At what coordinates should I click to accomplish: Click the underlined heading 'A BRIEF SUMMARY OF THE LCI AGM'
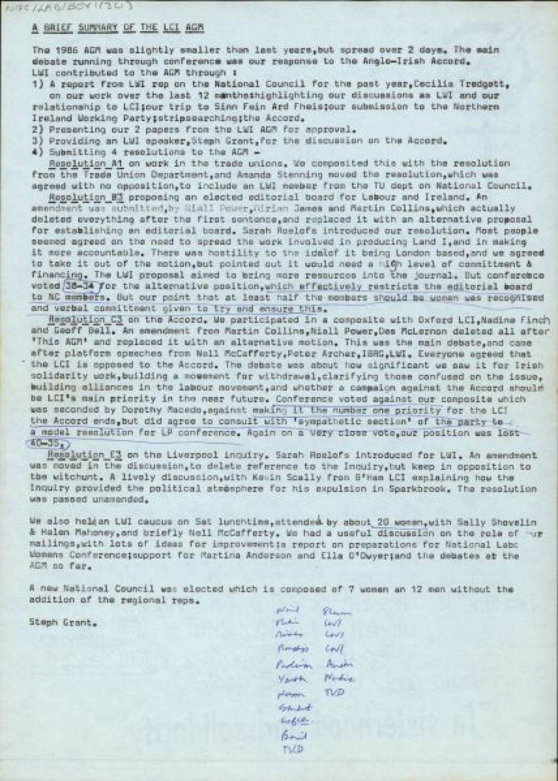coord(117,27)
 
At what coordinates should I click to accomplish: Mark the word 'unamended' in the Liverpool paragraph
coord(107,500)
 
